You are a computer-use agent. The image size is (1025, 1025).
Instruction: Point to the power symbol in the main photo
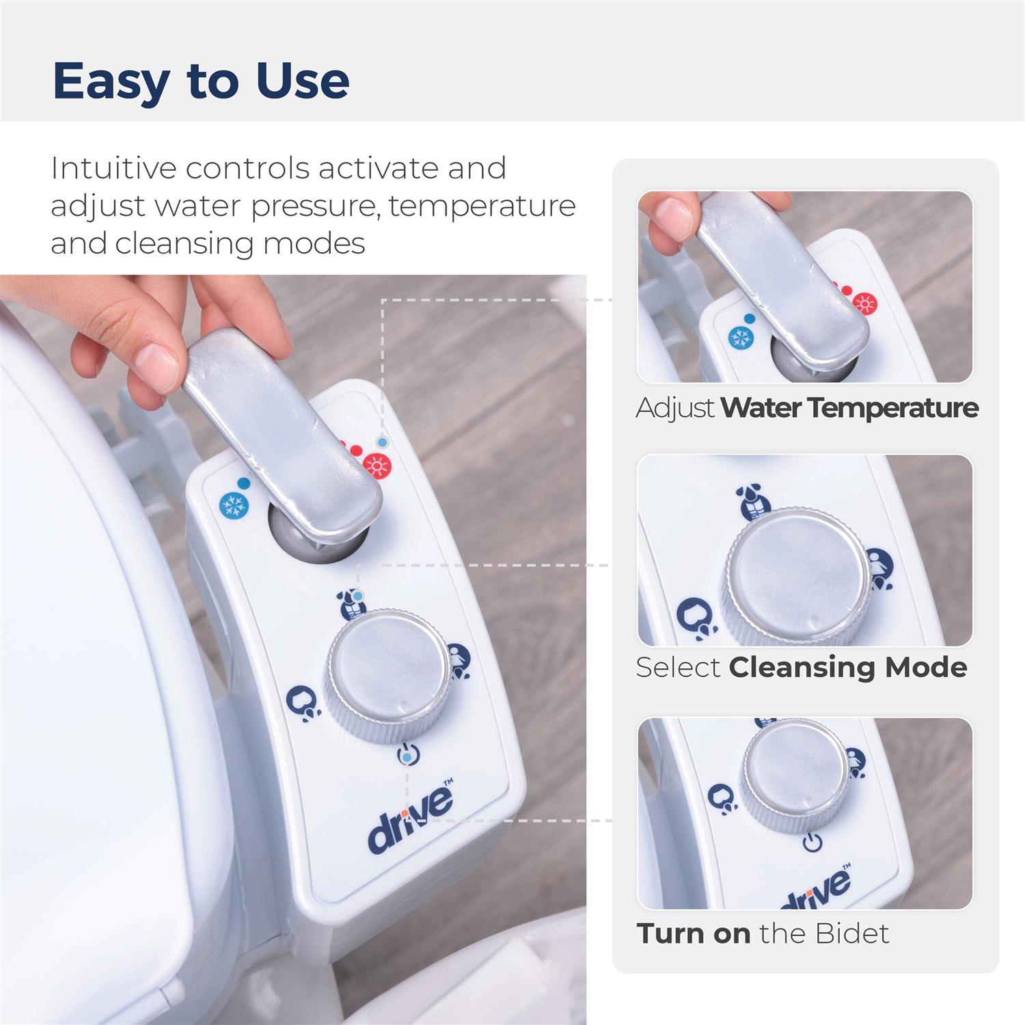pyautogui.click(x=408, y=755)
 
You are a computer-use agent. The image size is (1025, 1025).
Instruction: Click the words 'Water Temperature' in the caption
pyautogui.click(x=849, y=408)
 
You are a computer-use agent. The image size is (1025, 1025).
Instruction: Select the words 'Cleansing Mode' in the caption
pyautogui.click(x=848, y=667)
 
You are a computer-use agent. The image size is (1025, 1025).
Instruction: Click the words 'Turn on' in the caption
pyautogui.click(x=693, y=933)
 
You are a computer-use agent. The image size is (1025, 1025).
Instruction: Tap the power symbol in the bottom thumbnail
pyautogui.click(x=812, y=843)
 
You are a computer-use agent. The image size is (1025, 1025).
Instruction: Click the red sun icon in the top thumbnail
pyautogui.click(x=866, y=303)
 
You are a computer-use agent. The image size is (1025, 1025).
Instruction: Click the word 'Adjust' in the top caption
pyautogui.click(x=675, y=409)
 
